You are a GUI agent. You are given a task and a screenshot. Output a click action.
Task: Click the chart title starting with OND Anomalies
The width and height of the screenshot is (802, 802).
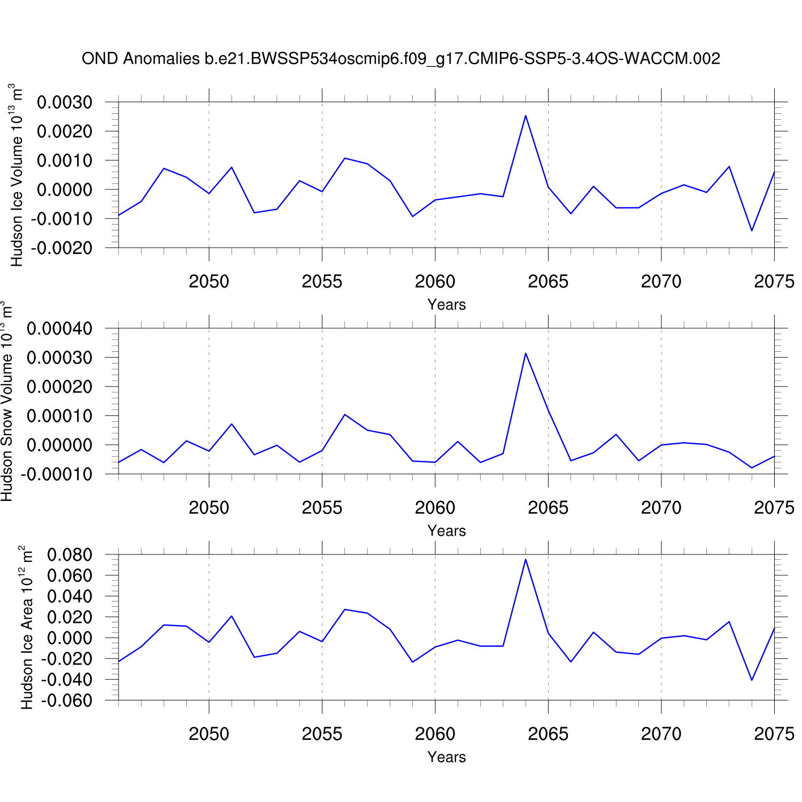click(x=401, y=58)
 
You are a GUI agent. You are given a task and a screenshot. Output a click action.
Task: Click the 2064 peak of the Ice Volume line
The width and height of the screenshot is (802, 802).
click(x=526, y=115)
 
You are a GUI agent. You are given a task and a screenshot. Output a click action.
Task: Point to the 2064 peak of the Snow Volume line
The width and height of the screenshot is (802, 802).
click(x=526, y=353)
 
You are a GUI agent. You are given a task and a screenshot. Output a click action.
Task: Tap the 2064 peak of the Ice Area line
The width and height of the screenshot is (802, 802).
click(x=526, y=559)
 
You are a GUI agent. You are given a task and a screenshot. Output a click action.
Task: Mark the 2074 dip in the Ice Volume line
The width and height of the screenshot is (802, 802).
click(x=752, y=230)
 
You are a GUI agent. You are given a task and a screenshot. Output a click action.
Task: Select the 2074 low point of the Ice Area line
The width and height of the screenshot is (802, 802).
click(x=752, y=680)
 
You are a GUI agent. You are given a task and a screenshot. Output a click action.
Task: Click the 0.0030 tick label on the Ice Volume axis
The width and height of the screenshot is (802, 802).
click(x=64, y=102)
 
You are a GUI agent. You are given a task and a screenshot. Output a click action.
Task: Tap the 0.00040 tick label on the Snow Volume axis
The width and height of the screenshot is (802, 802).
click(x=59, y=328)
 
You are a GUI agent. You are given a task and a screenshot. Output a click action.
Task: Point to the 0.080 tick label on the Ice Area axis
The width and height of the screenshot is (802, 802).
click(x=70, y=555)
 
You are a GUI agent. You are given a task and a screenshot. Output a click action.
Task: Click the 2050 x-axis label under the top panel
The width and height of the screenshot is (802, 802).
click(x=209, y=281)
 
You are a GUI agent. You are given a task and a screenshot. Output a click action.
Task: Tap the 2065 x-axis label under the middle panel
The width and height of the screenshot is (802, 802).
click(x=548, y=507)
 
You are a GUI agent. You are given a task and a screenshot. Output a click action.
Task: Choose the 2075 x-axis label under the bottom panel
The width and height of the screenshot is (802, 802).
click(x=774, y=734)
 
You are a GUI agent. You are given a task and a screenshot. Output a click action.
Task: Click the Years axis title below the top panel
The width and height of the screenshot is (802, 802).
click(x=446, y=305)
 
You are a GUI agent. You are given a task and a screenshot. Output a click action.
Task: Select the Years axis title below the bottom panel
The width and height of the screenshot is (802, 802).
click(x=446, y=757)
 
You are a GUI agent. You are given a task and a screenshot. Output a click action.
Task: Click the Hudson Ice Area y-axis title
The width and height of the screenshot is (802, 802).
click(x=26, y=628)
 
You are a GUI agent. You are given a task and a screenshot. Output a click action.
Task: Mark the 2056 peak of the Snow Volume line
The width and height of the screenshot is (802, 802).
click(x=345, y=414)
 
